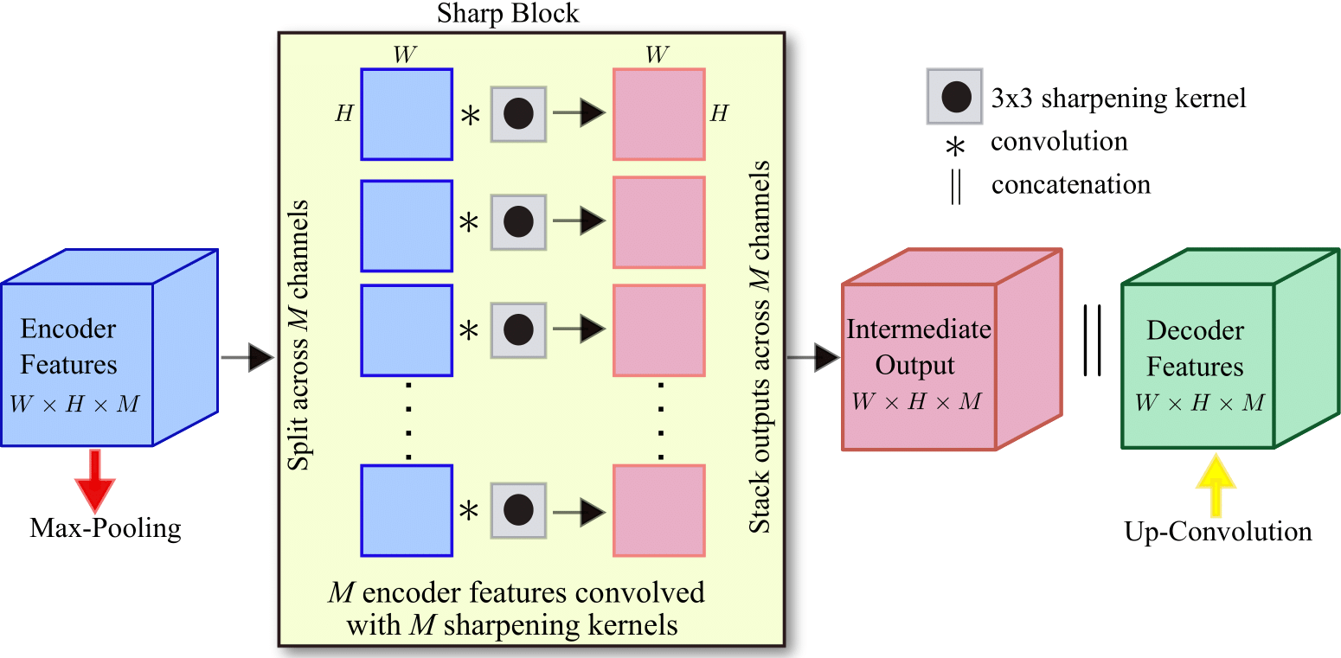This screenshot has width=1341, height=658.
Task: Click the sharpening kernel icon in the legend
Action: pos(954,97)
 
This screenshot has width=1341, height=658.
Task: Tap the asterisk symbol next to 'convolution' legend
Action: pos(955,148)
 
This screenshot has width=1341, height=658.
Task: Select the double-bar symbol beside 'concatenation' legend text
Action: pos(955,186)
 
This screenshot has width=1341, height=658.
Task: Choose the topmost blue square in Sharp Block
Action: pos(407,114)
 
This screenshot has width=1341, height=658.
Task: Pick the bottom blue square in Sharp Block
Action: pos(407,510)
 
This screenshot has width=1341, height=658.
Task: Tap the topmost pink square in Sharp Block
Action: pos(659,114)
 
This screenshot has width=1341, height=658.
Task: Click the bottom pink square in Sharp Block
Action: pos(659,510)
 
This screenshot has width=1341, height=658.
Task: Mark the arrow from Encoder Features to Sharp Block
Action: pos(247,356)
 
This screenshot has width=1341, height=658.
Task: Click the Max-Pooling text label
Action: pos(106,528)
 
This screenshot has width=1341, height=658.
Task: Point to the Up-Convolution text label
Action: pos(1218,531)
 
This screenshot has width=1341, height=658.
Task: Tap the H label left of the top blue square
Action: pos(343,114)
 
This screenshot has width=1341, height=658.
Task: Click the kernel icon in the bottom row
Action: pos(518,511)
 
